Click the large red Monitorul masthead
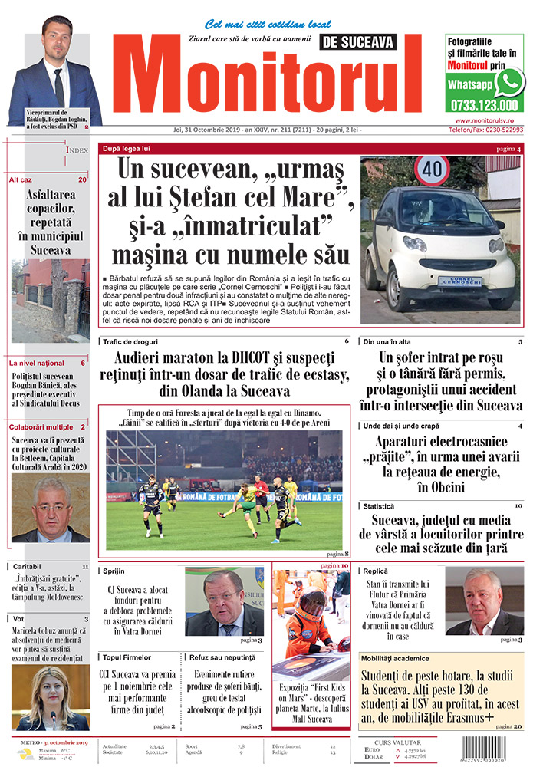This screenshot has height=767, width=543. [268, 81]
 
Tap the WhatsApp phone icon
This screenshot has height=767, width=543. [508, 82]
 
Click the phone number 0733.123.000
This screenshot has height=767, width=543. [484, 106]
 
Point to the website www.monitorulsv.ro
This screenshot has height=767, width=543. [489, 120]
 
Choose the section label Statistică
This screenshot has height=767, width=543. [378, 506]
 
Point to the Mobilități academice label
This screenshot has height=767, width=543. [396, 658]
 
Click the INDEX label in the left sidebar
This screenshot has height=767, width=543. [77, 150]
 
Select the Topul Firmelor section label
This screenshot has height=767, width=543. [127, 657]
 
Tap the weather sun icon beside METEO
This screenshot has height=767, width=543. [28, 754]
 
